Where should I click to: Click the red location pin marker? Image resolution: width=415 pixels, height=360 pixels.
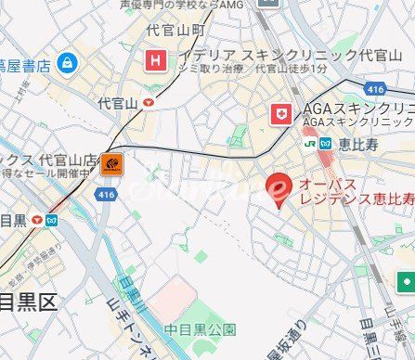pos(277,188)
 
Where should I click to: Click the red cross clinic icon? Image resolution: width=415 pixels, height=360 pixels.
pos(279,114)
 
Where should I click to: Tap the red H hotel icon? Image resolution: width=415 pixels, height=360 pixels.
pos(155,62)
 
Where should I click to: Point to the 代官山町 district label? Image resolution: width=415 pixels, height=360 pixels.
pos(175,31)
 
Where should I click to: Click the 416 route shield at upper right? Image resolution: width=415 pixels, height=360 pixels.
pos(375,89)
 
